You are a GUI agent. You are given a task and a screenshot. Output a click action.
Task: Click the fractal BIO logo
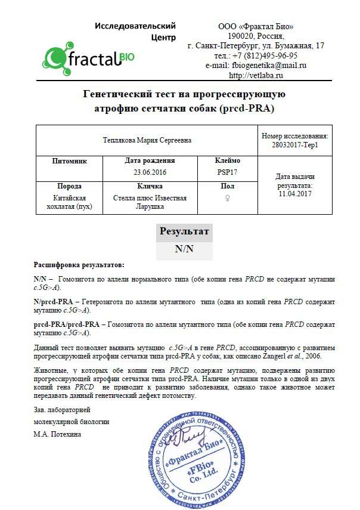coord(89,57)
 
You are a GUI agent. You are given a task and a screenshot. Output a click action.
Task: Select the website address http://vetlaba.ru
coord(256,75)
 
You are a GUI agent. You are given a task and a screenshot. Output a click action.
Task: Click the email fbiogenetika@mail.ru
coord(266,66)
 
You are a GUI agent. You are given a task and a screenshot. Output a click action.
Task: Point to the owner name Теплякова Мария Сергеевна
coord(147,140)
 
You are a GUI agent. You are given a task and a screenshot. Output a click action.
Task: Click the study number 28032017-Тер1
coord(294,145)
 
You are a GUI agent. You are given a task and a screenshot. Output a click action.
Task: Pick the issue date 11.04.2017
coord(294,193)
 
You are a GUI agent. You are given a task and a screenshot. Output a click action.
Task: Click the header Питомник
coord(70,161)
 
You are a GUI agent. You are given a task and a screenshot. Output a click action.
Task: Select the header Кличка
coord(150,186)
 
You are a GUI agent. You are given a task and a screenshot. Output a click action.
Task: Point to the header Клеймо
coord(227,161)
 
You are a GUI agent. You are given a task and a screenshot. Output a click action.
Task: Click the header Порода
coord(70,186)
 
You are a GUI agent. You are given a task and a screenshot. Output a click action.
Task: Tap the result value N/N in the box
coord(184,249)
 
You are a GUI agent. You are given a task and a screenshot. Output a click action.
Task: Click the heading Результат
coord(184,231)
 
